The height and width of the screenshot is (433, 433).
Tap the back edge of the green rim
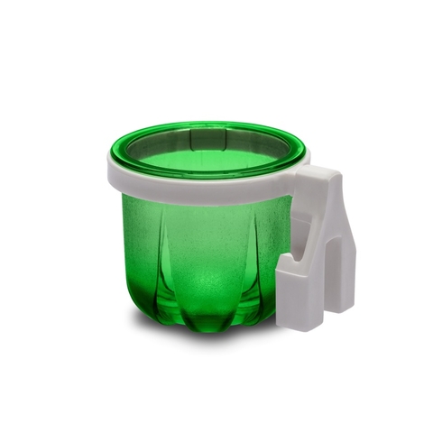tap(207, 125)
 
